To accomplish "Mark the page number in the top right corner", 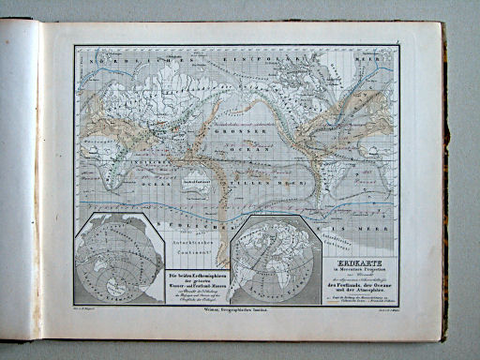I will (x=397, y=40).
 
